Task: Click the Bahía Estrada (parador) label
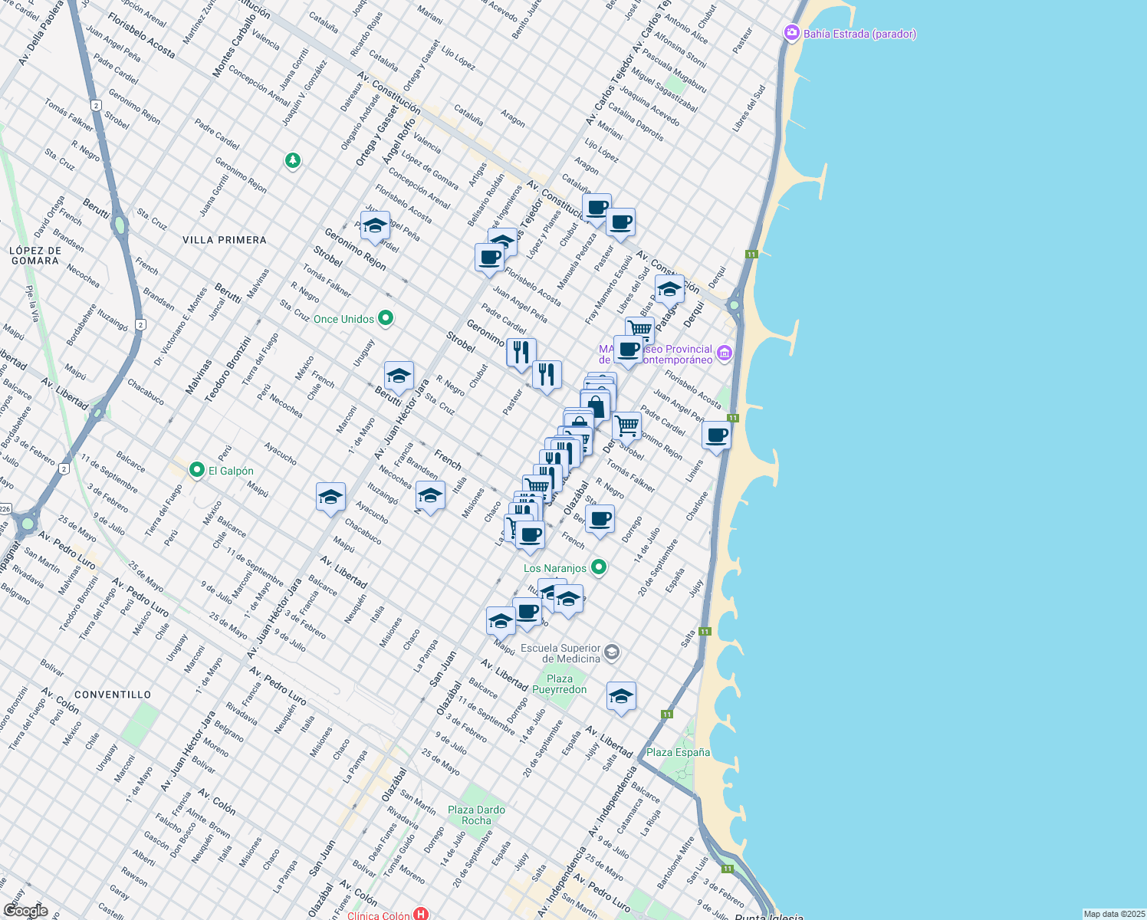point(859,34)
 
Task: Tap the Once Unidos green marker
point(386,318)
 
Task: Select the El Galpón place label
point(231,471)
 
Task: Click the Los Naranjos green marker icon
point(599,567)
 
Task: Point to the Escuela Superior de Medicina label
point(560,653)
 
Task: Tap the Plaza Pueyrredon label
point(560,684)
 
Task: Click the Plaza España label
point(678,752)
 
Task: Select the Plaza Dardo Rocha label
point(476,815)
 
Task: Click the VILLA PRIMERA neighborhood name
point(225,240)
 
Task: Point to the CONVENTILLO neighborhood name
point(113,695)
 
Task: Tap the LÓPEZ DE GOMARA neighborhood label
point(35,255)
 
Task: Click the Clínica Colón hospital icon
point(420,914)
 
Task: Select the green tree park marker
point(292,161)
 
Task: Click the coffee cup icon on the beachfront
point(716,435)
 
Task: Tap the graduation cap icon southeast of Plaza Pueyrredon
point(621,696)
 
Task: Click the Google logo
point(25,911)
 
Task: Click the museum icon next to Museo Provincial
point(725,353)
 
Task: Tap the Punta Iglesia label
point(769,917)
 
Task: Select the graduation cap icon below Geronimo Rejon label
point(375,226)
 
